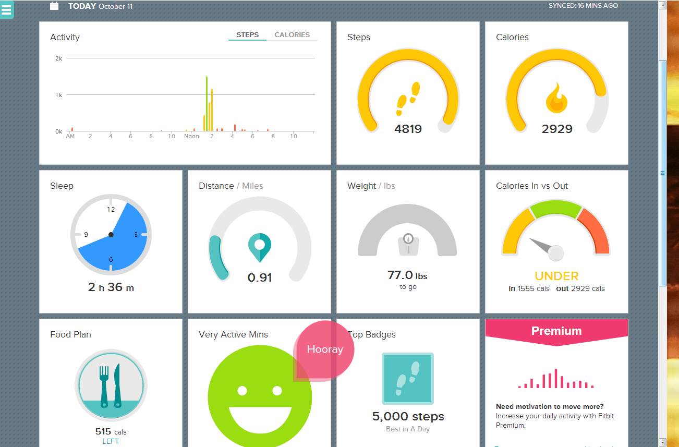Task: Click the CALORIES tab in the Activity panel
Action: point(292,34)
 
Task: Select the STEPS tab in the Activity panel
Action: point(247,34)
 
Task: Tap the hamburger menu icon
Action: point(6,9)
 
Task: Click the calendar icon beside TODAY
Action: point(54,6)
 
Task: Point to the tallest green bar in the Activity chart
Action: point(207,103)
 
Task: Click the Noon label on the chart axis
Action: point(191,136)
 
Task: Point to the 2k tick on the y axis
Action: point(58,58)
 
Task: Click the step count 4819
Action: point(408,129)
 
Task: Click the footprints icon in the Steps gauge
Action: point(408,99)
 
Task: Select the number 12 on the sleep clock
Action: point(111,210)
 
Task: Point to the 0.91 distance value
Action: point(260,277)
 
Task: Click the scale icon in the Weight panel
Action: point(408,244)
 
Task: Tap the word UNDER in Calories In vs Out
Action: point(556,276)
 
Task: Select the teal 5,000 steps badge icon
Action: point(408,379)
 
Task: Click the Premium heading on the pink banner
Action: point(556,331)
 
